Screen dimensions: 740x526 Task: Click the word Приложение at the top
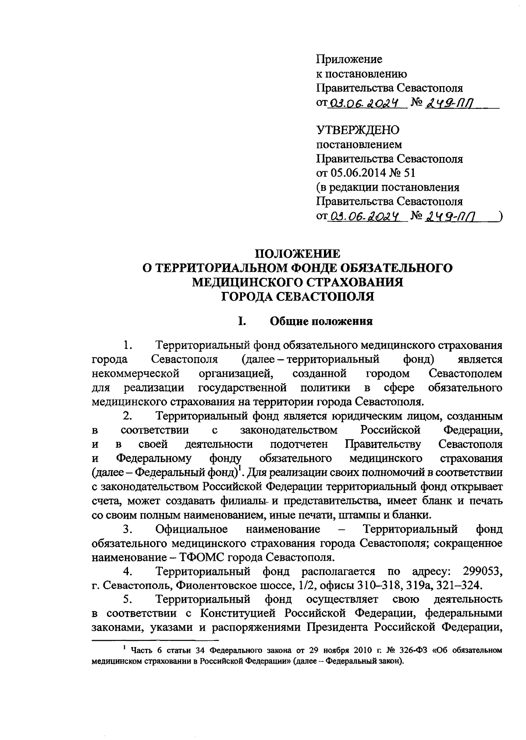(x=349, y=59)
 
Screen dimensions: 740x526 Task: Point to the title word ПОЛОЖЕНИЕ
(x=298, y=253)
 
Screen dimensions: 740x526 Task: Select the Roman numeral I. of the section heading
(x=242, y=321)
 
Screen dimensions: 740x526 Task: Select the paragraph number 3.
(x=128, y=529)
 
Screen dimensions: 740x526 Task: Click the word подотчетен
(x=299, y=444)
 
